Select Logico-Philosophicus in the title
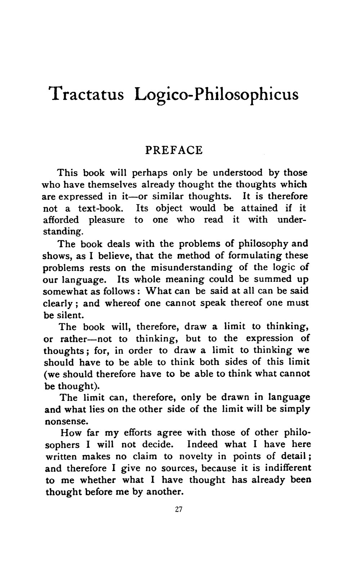(216, 94)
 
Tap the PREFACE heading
(174, 150)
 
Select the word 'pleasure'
(107, 220)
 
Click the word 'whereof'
(122, 303)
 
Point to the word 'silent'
(70, 315)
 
